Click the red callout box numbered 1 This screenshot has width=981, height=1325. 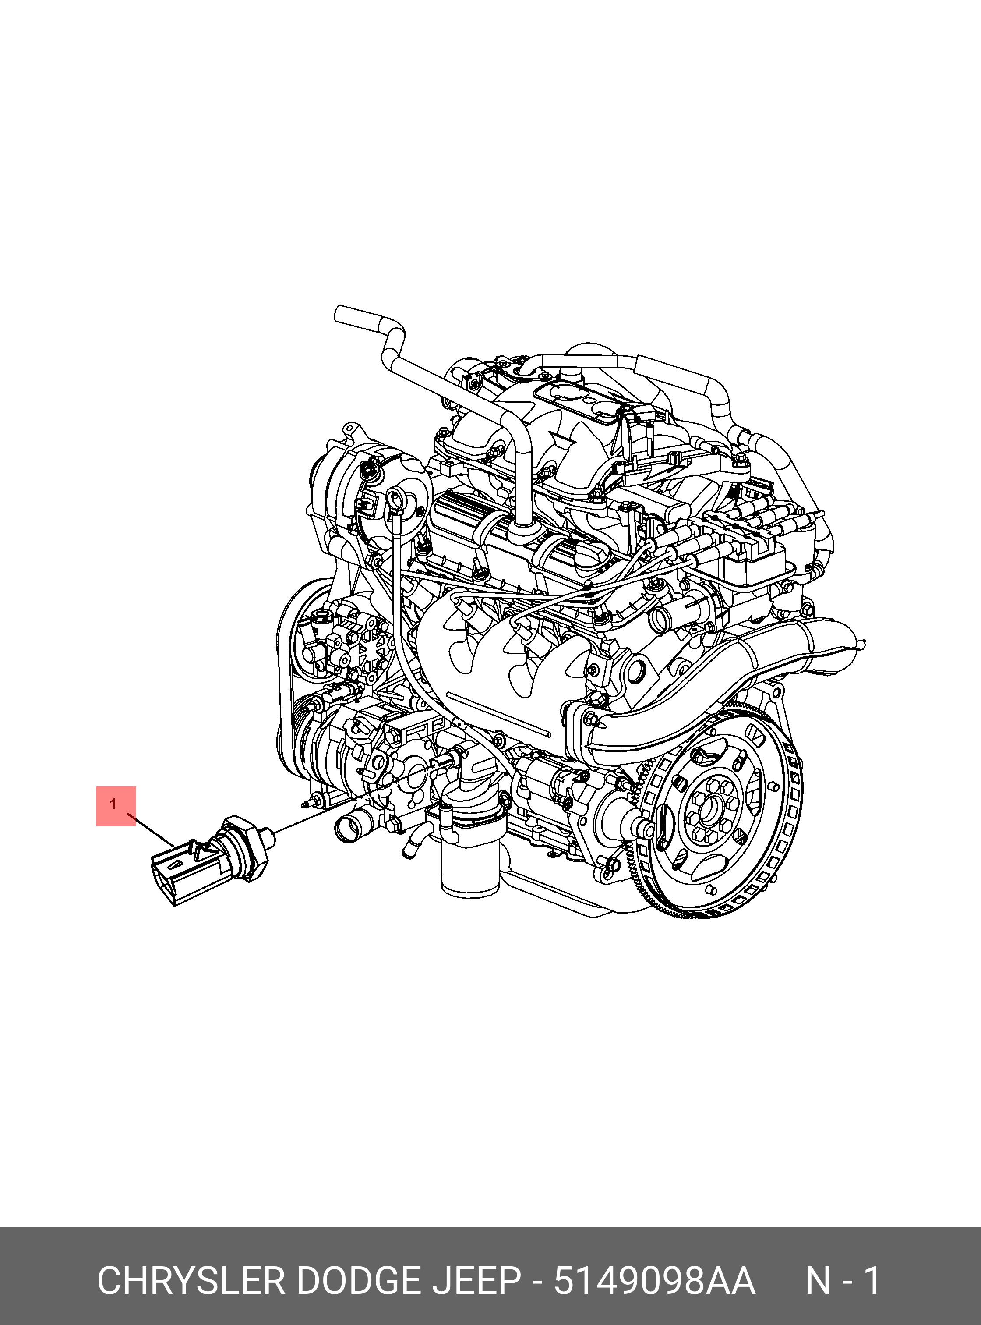click(116, 806)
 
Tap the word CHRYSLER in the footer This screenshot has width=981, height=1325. click(191, 1280)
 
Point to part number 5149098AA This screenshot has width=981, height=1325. click(654, 1280)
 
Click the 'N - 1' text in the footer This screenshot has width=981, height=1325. click(843, 1280)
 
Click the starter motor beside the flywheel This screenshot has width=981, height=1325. click(570, 796)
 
